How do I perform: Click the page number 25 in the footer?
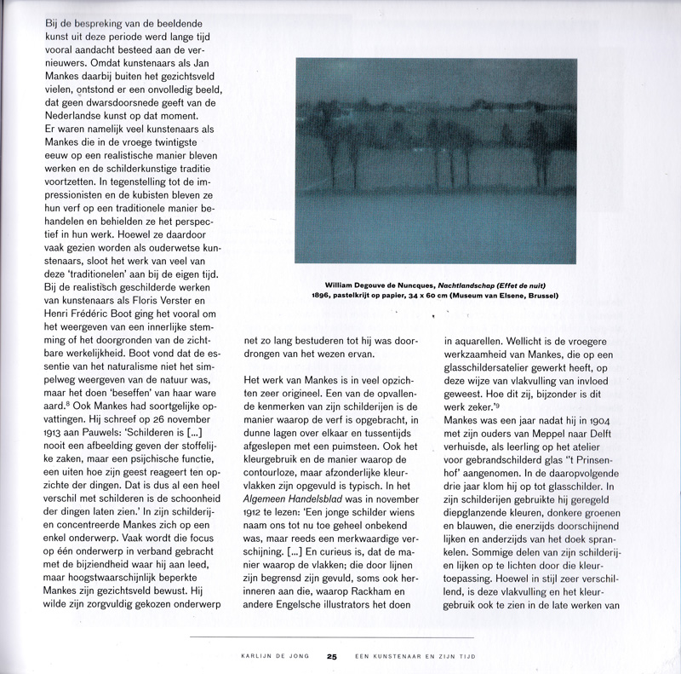[333, 656]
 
